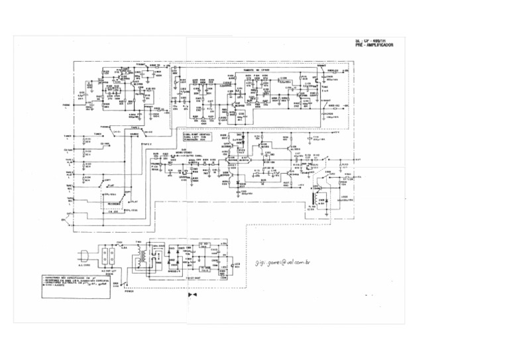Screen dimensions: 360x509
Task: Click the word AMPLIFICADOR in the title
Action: pos(383,45)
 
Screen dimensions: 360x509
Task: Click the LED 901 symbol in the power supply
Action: pos(235,264)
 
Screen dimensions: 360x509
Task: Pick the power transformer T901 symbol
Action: pos(143,259)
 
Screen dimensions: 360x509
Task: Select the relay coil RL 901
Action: pos(313,199)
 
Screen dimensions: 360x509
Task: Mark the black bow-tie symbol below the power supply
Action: pos(194,294)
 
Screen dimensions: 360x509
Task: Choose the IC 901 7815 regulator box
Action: pos(205,247)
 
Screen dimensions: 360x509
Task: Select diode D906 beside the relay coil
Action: pos(322,200)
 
